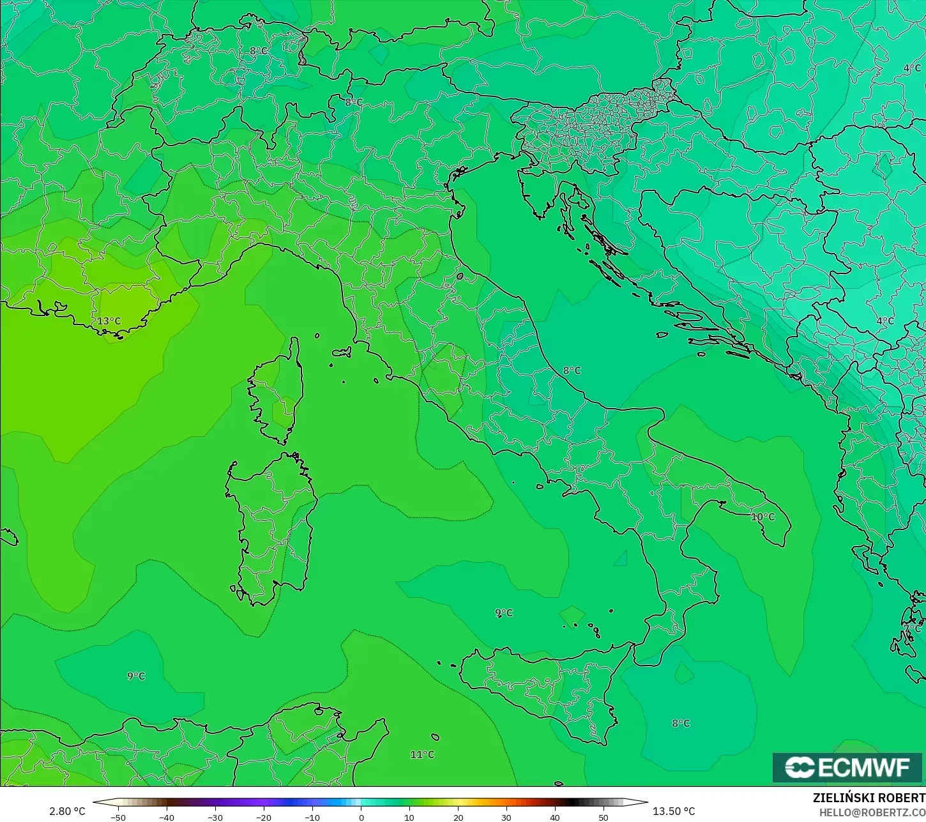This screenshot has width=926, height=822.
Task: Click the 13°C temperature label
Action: coord(109,321)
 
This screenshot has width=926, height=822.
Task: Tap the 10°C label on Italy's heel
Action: coord(763,517)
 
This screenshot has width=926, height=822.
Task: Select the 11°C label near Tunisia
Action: coord(422,754)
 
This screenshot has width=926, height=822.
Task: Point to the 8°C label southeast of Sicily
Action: coord(681,723)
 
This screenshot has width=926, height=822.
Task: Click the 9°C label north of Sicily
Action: coord(504,613)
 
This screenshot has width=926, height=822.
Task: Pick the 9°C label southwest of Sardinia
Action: coord(136,676)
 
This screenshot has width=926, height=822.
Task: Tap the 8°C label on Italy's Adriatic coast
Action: coord(572,370)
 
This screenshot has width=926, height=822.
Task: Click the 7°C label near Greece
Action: coord(913,629)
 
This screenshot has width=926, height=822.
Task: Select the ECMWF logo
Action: coord(847,767)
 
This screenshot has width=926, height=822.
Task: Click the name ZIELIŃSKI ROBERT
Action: coord(869,798)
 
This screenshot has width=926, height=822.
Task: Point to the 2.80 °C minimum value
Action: coord(67,811)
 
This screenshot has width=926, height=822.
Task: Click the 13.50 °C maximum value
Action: coord(674,811)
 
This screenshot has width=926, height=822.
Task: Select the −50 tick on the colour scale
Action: coord(118,817)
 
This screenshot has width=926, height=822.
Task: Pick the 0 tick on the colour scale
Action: coord(361,817)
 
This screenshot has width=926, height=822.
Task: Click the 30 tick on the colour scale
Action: coord(506,817)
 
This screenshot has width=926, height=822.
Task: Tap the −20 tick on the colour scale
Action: coord(264,817)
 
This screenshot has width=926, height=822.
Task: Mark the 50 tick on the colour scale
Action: coord(603,817)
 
